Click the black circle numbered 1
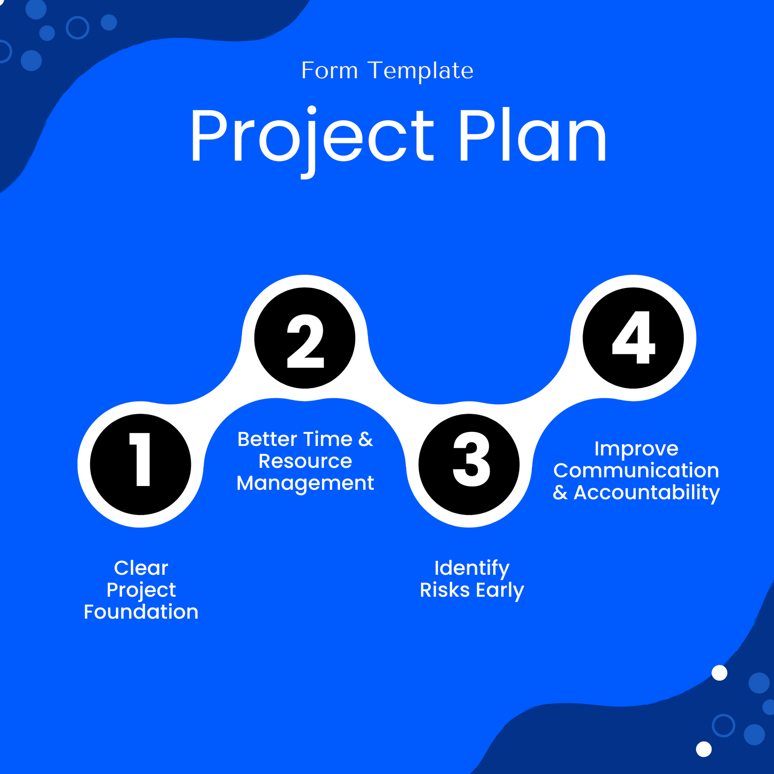point(140,464)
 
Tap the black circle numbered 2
point(305,338)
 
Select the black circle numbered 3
point(469,464)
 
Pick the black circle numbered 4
point(633,338)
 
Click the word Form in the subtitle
point(329,71)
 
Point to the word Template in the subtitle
point(420,71)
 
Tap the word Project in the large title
point(312,136)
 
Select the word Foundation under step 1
point(141,612)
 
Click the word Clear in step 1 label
point(141,568)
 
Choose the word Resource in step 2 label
point(305,461)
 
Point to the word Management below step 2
point(305,483)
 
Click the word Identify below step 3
point(472,568)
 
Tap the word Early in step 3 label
point(500,591)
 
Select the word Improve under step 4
point(636,448)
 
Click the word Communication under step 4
point(636,471)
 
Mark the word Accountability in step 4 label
point(647,492)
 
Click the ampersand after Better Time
point(366,439)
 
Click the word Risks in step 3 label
point(444,590)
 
